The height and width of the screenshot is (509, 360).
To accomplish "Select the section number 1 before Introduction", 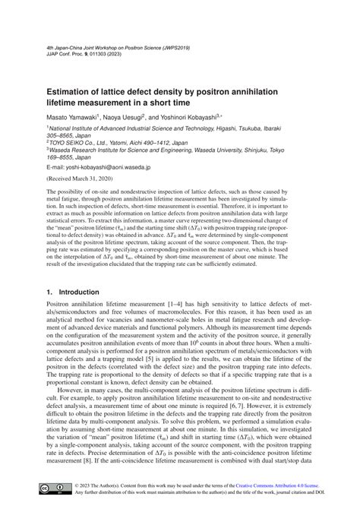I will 49,292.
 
